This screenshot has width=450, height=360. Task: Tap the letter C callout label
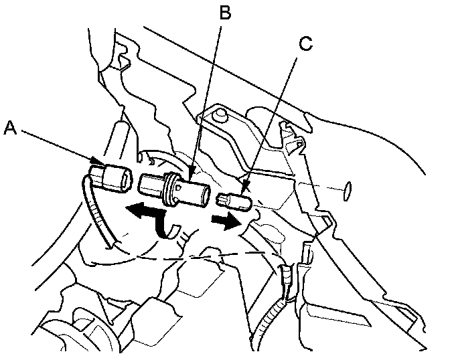[305, 45]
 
